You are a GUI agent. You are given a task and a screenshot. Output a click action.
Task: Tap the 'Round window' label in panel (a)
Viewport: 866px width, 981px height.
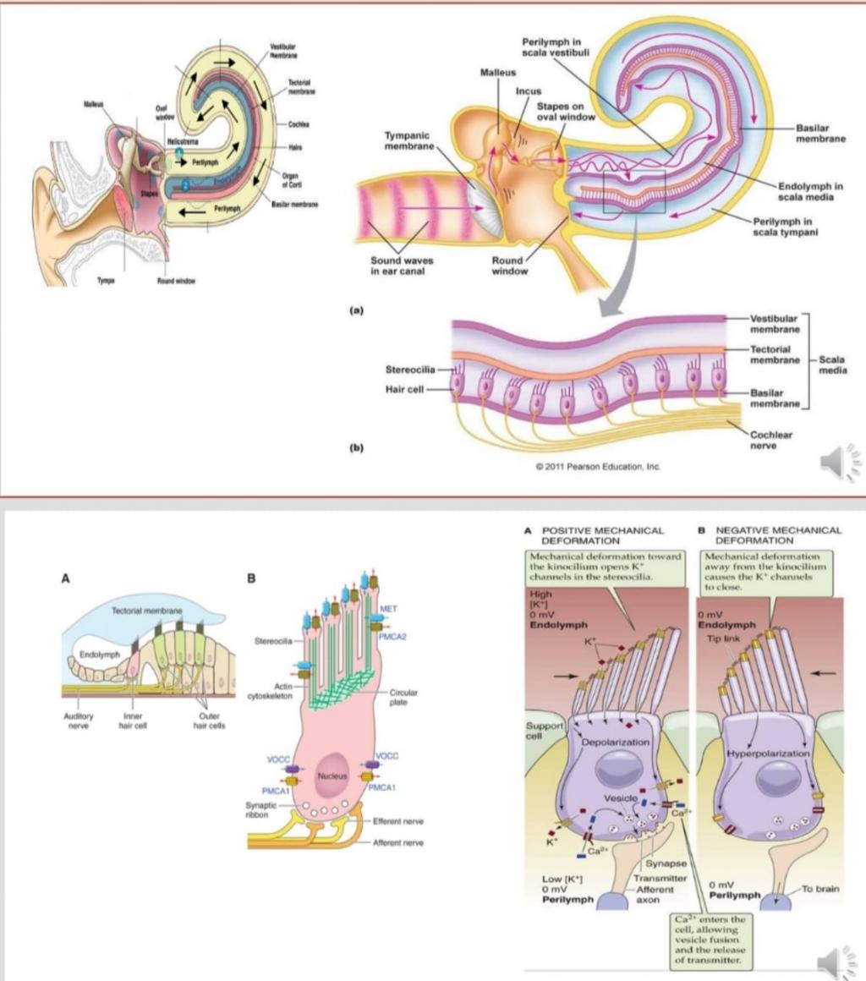tap(509, 266)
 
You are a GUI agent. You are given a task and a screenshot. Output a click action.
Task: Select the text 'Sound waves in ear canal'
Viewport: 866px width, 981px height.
tap(402, 266)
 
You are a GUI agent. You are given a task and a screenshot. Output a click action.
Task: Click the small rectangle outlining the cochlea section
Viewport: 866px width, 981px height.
tap(633, 190)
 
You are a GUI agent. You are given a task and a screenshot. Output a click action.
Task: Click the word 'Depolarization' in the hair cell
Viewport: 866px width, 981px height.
tap(615, 742)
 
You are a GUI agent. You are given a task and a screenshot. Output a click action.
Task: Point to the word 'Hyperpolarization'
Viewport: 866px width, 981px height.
tap(768, 752)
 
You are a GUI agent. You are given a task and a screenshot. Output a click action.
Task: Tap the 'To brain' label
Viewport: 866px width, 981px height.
tap(820, 889)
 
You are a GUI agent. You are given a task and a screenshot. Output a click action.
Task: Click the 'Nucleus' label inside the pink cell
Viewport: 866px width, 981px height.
tap(331, 775)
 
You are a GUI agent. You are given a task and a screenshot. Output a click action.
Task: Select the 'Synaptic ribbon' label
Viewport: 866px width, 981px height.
tap(256, 809)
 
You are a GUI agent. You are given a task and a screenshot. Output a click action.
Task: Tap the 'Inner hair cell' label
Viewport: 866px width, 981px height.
tap(131, 720)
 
